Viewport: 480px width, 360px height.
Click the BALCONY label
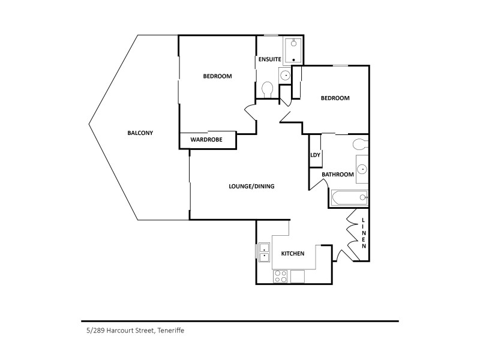click(x=140, y=133)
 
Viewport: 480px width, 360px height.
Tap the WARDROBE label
click(x=206, y=140)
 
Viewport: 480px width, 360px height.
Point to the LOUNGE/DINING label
click(x=251, y=186)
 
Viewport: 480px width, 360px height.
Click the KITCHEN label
click(x=293, y=253)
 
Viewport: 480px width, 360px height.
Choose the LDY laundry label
click(x=315, y=155)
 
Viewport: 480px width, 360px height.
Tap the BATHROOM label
click(x=338, y=175)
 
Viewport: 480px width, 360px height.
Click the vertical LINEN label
click(x=364, y=233)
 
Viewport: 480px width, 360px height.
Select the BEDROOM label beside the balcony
click(x=217, y=76)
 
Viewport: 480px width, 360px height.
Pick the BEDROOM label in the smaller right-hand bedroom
click(x=335, y=98)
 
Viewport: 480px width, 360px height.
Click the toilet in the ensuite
click(x=268, y=89)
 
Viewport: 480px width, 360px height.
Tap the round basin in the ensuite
click(x=285, y=76)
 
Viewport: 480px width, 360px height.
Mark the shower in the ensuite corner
click(x=293, y=50)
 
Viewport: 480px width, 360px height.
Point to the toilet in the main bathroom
click(x=361, y=143)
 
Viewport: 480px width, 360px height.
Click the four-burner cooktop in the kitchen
click(x=280, y=276)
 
